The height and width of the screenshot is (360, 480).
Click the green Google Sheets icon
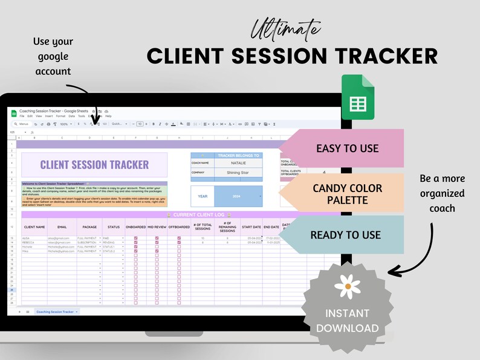point(358,97)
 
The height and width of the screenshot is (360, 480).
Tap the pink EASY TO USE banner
point(347,148)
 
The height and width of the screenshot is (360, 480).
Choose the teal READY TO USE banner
point(345,235)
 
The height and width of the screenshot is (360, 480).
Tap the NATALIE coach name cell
point(239,162)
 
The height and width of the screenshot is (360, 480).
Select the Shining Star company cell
point(239,172)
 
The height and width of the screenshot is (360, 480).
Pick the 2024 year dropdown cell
point(239,196)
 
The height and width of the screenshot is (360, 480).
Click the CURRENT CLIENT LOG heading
point(199,214)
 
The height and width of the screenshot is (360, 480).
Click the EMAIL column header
point(62,227)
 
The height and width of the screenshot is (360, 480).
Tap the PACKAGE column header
point(89,227)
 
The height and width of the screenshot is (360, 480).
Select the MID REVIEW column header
point(157,227)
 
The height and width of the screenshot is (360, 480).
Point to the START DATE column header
point(251,227)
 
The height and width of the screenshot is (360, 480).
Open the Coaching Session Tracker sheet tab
point(56,312)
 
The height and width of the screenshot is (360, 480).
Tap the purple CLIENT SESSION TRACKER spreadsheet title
point(94,164)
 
